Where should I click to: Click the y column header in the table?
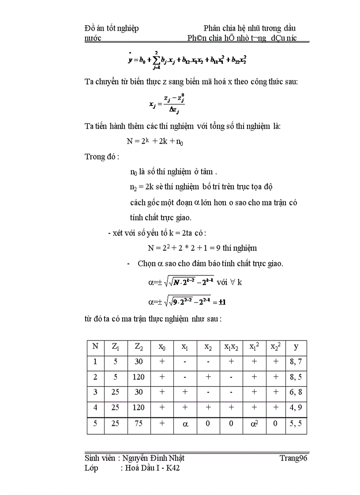pyautogui.click(x=296, y=347)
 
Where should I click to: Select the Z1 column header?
pyautogui.click(x=115, y=347)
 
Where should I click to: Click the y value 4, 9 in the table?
pyautogui.click(x=296, y=408)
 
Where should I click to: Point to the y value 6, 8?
pyautogui.click(x=296, y=392)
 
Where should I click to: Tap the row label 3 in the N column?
pyautogui.click(x=95, y=392)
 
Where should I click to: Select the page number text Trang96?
pyautogui.click(x=293, y=458)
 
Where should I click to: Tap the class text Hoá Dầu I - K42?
pyautogui.click(x=150, y=468)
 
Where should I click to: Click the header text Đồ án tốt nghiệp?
pyautogui.click(x=111, y=28)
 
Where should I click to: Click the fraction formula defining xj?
pyautogui.click(x=167, y=104)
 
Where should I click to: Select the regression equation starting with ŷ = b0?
pyautogui.click(x=187, y=60)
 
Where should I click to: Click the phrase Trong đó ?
pyautogui.click(x=101, y=156)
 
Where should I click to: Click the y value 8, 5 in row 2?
pyautogui.click(x=296, y=377)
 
